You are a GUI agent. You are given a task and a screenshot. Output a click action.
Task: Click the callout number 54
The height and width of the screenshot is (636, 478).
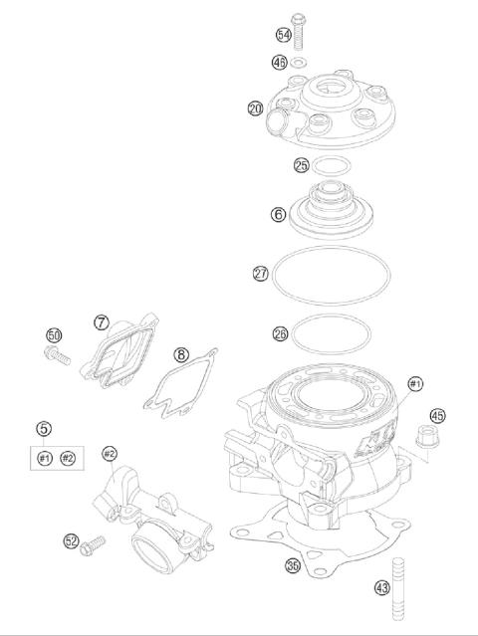[284, 35]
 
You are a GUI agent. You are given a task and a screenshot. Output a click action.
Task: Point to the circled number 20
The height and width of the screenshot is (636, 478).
[256, 107]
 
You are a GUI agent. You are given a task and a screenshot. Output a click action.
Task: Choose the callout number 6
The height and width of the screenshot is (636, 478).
[278, 214]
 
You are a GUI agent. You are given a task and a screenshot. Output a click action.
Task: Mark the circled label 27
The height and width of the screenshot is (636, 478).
[260, 271]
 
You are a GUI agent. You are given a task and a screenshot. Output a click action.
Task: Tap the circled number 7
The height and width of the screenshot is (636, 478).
[102, 322]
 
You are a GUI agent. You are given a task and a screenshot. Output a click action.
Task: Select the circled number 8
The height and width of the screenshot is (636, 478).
[180, 353]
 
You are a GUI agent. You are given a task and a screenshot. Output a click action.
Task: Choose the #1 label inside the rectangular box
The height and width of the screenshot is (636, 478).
[44, 457]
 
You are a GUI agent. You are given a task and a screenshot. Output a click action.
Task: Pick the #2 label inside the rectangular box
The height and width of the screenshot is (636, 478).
[68, 457]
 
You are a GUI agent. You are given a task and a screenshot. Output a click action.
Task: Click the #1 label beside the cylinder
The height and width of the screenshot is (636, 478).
[415, 383]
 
